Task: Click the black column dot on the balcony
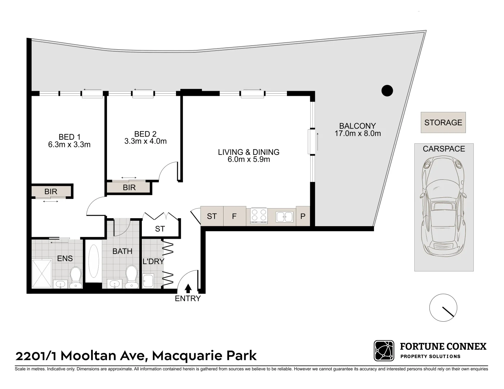(387, 90)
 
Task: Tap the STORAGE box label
(443, 122)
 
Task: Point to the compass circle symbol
(443, 308)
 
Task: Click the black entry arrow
(188, 288)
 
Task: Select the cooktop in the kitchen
(259, 216)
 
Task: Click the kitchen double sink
(284, 216)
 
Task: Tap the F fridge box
(234, 216)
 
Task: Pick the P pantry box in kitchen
(303, 216)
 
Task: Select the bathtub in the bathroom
(94, 261)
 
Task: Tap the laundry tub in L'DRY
(148, 281)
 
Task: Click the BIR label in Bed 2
(129, 187)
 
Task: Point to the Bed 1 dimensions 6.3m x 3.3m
(69, 145)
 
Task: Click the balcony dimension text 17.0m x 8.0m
(357, 134)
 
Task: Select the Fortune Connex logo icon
(384, 351)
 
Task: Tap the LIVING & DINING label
(249, 152)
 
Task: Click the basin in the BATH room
(115, 284)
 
